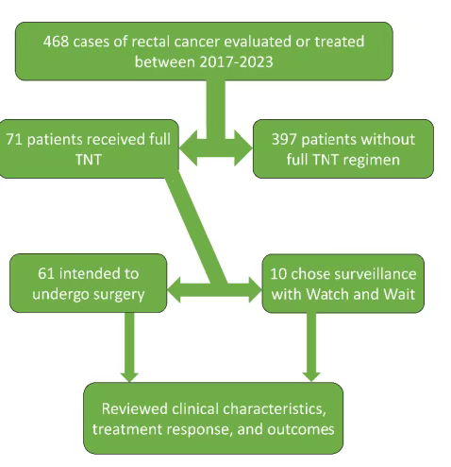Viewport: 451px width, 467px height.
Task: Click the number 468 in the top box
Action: [56, 42]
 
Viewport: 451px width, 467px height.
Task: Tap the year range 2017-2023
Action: [236, 61]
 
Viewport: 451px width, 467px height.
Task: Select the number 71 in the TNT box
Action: [14, 139]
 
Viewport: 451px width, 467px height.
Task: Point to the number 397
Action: [284, 139]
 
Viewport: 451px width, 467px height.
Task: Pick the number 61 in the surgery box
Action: [45, 273]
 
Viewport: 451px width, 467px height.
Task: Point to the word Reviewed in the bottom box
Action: [135, 408]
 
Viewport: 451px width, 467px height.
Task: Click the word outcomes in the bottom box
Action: [301, 429]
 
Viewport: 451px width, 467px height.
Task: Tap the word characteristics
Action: [275, 409]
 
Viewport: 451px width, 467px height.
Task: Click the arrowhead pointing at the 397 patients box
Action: [243, 147]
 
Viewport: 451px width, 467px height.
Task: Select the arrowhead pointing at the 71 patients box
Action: [189, 147]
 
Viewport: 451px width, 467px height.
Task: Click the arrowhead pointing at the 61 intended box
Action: [174, 290]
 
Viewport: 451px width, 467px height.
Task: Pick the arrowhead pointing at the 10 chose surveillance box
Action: [255, 290]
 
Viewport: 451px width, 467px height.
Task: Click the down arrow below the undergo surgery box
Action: [129, 347]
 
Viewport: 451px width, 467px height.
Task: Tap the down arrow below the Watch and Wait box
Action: [311, 347]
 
